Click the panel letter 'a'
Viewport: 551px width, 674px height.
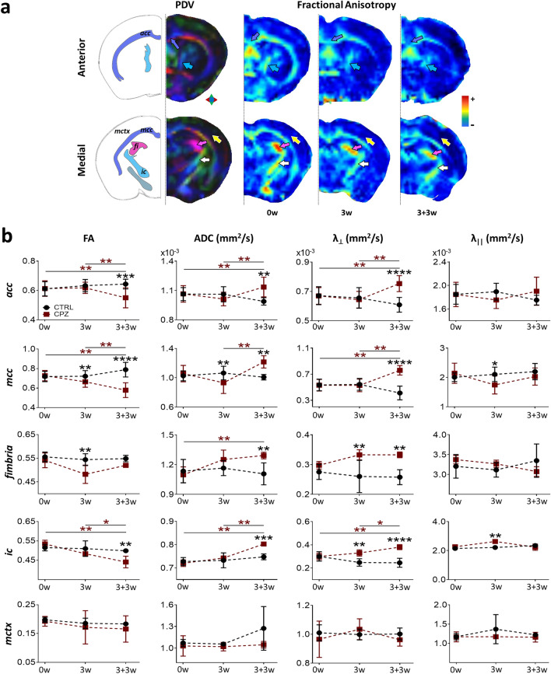6,9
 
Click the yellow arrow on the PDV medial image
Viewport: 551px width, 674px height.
215,138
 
